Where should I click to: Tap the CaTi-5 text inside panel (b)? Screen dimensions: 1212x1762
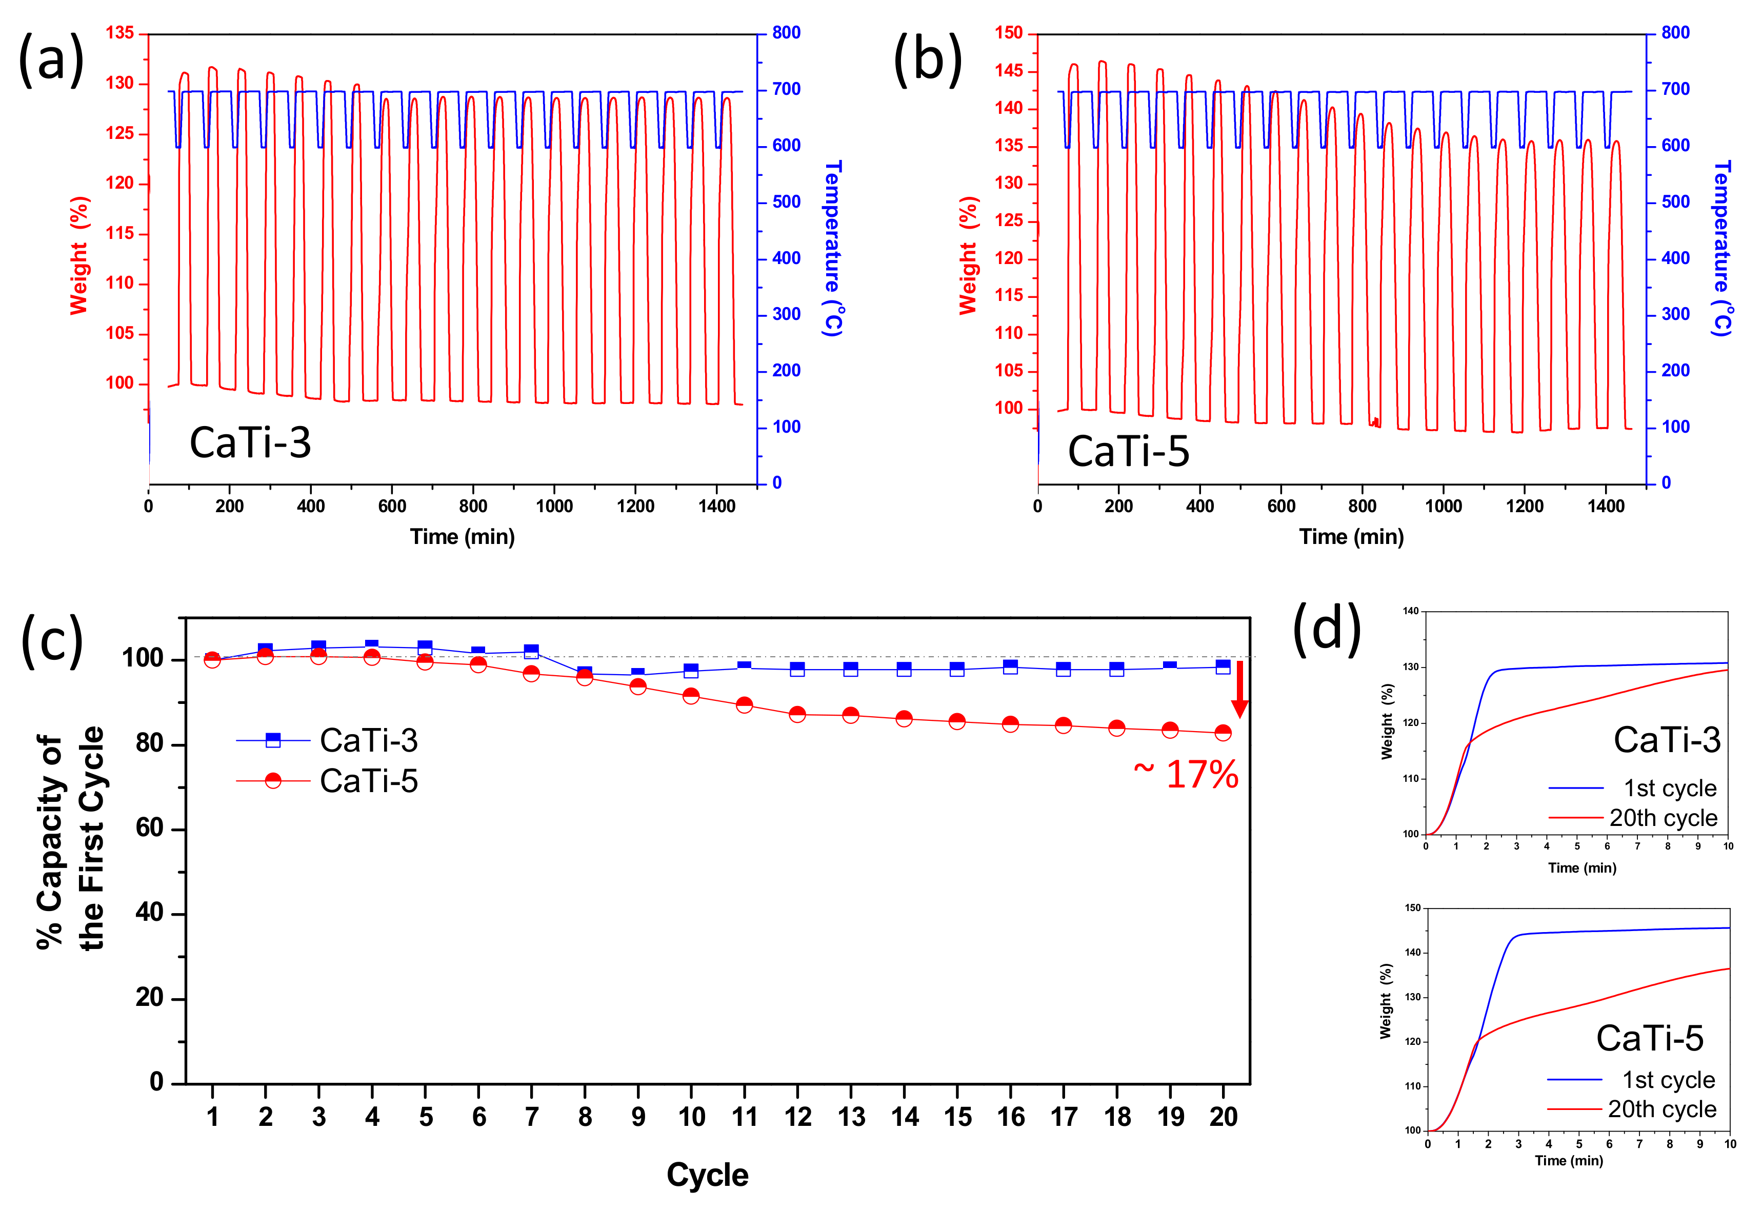tap(1129, 451)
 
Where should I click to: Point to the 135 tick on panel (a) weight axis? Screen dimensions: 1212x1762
tap(119, 33)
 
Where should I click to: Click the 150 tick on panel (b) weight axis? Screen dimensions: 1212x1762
tap(1009, 33)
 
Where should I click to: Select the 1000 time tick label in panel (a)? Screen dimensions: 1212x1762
tap(554, 507)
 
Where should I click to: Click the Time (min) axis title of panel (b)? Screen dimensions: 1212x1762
tap(1351, 537)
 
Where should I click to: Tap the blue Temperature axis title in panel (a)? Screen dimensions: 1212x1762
tap(833, 248)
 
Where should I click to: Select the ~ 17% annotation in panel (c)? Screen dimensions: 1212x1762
tap(1186, 775)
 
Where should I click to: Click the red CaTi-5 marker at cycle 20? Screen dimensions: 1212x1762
tap(1223, 733)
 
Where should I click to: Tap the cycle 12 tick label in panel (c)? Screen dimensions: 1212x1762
tap(798, 1117)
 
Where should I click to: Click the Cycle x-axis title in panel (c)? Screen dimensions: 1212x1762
tap(707, 1175)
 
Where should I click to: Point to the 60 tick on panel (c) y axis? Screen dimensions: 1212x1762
tap(150, 828)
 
